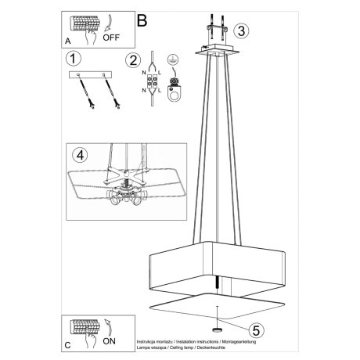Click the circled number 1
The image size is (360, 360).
pos(72,58)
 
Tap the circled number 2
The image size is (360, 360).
pos(133,59)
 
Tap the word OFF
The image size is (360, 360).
pos(111,36)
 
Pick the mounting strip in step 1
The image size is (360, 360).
pos(90,75)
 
